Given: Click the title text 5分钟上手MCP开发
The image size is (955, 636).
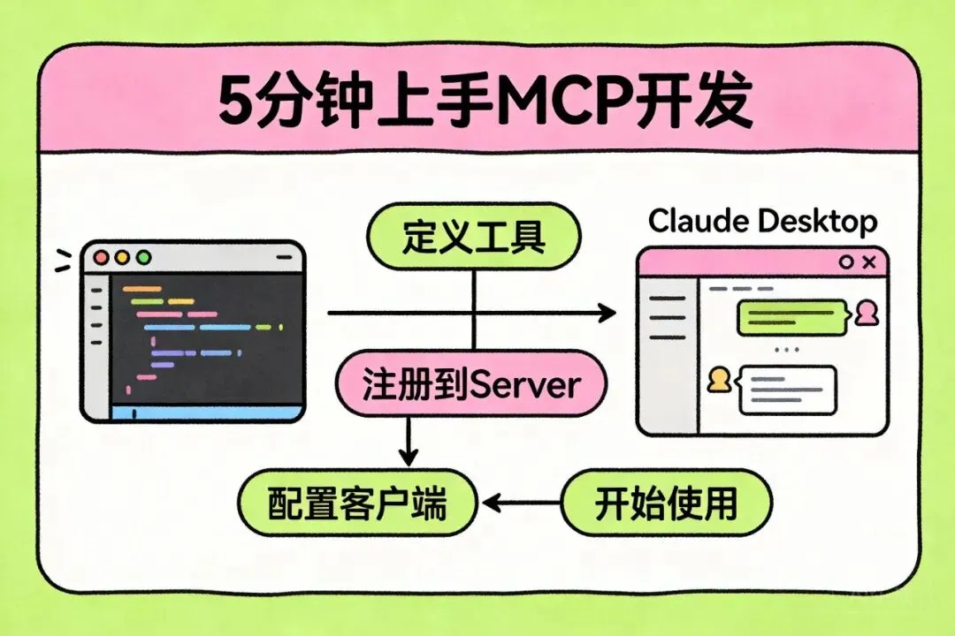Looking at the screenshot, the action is coord(485,102).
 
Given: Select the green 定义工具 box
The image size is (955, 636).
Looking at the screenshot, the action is coord(474,236).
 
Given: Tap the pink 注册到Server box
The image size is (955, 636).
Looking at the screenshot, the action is coord(471,383).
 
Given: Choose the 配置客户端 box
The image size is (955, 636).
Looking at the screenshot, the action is coord(357,503).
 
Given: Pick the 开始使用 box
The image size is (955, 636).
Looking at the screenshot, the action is coord(667,503).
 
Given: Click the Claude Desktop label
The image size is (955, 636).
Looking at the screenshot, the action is coord(762,222).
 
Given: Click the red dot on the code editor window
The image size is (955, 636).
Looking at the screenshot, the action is coord(101,257).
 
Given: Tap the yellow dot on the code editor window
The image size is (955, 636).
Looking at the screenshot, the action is coord(122,257).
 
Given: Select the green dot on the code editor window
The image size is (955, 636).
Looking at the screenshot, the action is coord(144,257).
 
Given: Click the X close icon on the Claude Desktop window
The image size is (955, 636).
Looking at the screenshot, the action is coord(869,262).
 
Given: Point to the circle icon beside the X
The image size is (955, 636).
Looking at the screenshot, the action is coord(846,262).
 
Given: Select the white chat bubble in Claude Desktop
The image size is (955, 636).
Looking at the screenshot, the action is coord(786,390).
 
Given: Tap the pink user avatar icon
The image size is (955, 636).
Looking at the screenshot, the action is coord(866,313).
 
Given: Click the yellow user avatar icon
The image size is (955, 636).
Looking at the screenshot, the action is coord(719,379).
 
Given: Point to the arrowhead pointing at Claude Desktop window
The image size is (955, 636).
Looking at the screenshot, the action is coord(607,314).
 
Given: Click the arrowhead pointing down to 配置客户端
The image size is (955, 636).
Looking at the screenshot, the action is coord(408,457).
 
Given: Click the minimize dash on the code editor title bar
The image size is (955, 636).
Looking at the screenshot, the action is coord(285,257).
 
